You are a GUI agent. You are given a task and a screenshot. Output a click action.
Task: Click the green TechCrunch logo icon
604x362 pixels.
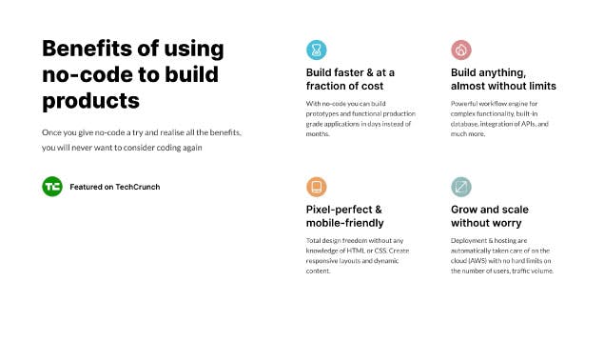coord(52,187)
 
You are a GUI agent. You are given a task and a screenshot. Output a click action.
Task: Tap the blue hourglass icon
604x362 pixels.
coord(316,50)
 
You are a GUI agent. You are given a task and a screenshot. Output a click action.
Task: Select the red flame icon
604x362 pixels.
coord(461,50)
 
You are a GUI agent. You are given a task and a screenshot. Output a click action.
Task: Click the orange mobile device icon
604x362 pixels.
coord(316,187)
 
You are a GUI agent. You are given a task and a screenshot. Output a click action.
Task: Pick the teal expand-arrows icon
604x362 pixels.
coord(461,187)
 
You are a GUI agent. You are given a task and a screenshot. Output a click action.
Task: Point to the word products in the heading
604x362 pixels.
coord(91,100)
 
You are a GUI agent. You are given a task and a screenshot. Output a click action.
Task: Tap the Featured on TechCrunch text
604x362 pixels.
coord(115,187)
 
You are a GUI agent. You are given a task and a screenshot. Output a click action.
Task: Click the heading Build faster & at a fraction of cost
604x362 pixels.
coord(349,79)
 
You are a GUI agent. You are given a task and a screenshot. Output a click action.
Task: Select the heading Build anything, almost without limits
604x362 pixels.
coord(501,79)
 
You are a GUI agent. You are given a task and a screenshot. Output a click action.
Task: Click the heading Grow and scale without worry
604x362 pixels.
coord(490,216)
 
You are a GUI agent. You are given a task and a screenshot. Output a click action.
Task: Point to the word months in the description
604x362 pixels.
coord(319,134)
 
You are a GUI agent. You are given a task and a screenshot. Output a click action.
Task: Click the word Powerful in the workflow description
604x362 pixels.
coord(467,103)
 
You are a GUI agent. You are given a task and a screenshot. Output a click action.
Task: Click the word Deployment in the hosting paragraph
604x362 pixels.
coord(470,240)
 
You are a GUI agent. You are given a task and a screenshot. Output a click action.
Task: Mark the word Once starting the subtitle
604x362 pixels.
coord(51,131)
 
